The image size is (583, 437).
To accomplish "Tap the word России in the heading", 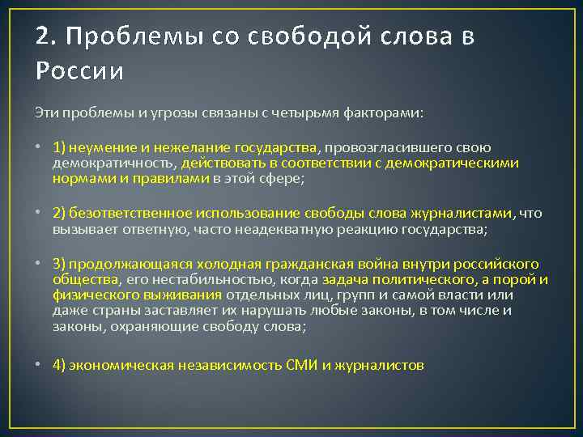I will (80, 71).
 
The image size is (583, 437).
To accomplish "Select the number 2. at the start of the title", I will (46, 37).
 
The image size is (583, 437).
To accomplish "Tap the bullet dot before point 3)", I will (39, 264).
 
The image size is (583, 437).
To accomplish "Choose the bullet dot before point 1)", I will (39, 148).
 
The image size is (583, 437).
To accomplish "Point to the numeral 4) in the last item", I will (58, 365).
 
